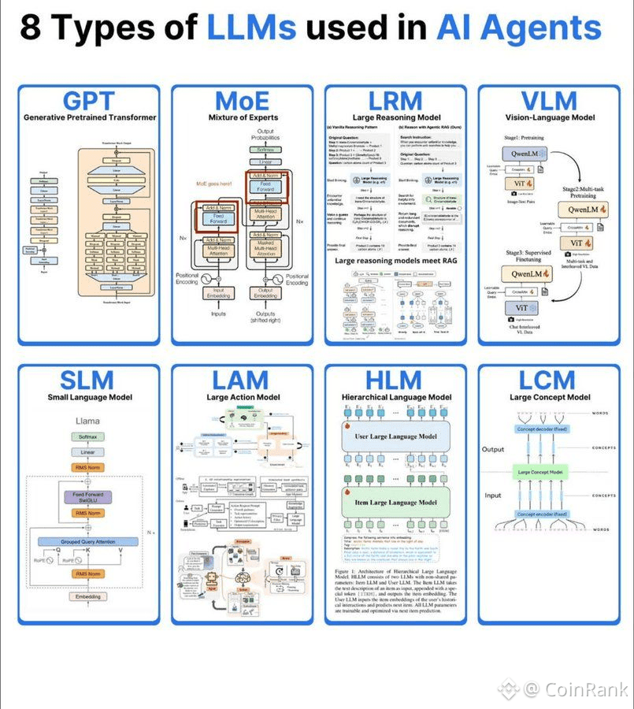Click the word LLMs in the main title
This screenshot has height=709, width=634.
(x=251, y=28)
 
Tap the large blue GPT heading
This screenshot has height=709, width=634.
(x=88, y=101)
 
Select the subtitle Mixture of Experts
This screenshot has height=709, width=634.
(x=241, y=118)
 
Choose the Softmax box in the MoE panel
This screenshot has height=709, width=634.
(x=266, y=149)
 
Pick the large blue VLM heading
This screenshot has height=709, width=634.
(x=549, y=101)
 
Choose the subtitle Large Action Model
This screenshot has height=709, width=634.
(x=241, y=398)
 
